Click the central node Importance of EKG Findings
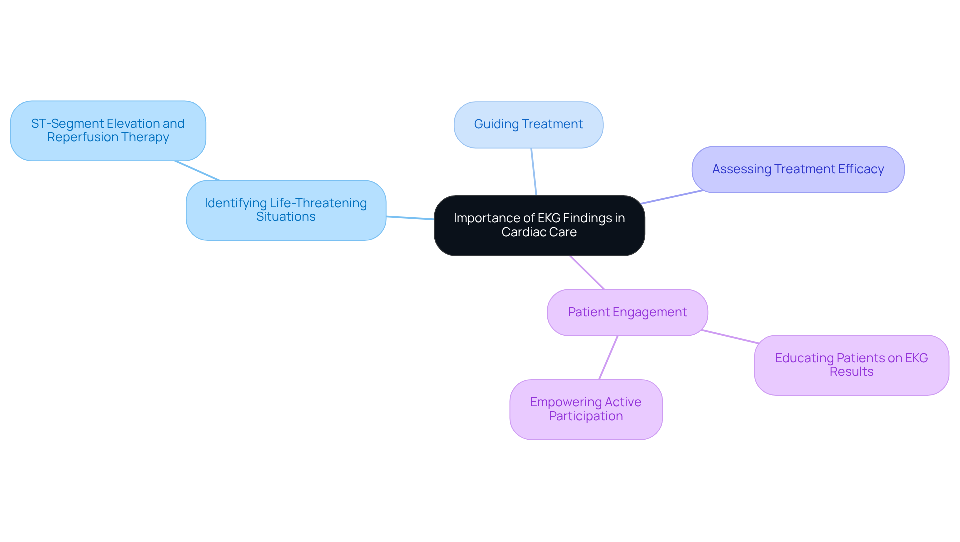point(539,225)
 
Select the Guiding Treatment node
point(528,125)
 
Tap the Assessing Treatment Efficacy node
point(798,169)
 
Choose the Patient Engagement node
point(627,312)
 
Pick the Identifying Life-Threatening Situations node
point(286,210)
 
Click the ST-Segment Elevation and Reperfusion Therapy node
point(108,131)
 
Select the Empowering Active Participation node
point(586,409)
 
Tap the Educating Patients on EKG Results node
point(851,365)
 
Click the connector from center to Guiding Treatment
point(534,172)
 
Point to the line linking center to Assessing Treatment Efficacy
point(672,197)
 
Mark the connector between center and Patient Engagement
point(587,273)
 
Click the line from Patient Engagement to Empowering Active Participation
point(608,358)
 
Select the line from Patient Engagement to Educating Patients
point(730,337)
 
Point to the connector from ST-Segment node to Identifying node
point(197,171)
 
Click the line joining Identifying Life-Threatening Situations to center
point(410,218)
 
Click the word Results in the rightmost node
point(851,372)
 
